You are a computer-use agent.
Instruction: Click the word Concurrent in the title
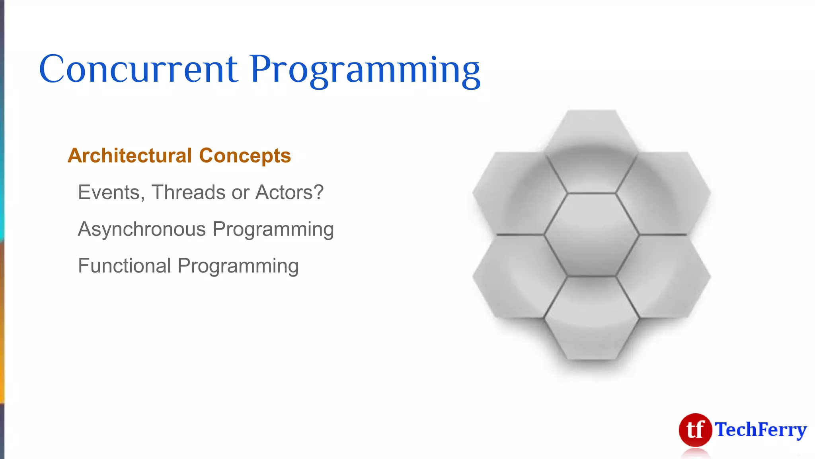click(x=138, y=69)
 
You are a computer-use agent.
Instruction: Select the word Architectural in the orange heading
click(x=130, y=155)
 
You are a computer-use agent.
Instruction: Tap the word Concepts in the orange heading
click(x=245, y=156)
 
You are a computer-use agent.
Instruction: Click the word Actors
click(x=289, y=192)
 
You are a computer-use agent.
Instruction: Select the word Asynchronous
click(x=142, y=229)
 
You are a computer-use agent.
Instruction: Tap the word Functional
click(x=125, y=266)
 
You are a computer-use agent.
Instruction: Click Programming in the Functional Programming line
click(x=238, y=267)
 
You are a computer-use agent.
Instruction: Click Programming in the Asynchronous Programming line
click(x=273, y=230)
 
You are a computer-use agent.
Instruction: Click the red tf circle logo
click(x=695, y=430)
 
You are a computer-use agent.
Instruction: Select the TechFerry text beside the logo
click(x=760, y=430)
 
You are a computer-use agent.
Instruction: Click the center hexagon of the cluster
click(x=591, y=234)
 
